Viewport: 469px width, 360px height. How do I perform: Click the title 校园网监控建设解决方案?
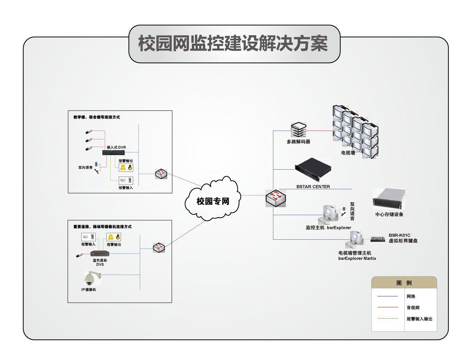tap(234, 44)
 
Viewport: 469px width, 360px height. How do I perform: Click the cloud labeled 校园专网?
tap(213, 200)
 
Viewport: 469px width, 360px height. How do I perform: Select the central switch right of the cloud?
tap(276, 198)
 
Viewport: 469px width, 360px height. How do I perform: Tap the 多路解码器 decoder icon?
tap(299, 130)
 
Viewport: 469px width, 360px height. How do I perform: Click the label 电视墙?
tap(348, 153)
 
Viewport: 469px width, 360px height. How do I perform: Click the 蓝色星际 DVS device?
tap(100, 254)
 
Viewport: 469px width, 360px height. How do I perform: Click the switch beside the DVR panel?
tap(161, 173)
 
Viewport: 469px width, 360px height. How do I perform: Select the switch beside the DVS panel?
tap(159, 247)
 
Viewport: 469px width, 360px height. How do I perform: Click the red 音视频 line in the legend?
tap(387, 307)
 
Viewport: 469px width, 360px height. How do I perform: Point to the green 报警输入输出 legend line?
tap(387, 319)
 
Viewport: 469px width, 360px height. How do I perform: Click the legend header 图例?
tap(404, 283)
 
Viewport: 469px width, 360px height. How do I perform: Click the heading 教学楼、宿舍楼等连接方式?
tap(97, 117)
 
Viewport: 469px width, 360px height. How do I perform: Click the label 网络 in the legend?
tap(411, 296)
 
